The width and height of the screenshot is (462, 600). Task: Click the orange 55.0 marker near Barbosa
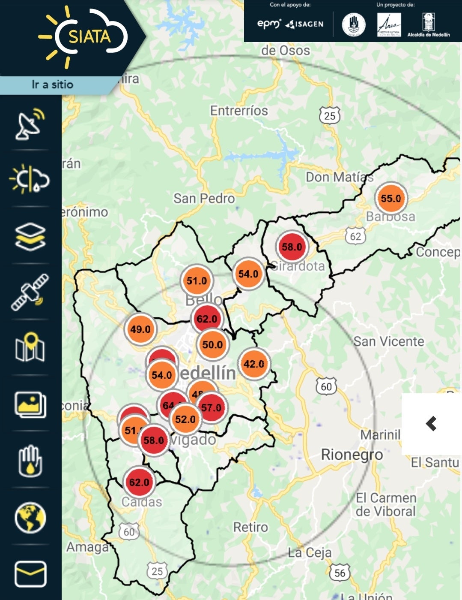[390, 198]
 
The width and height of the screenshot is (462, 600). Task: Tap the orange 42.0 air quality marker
[254, 364]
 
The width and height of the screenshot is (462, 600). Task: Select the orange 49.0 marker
[140, 329]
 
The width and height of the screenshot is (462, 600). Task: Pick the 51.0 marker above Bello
[197, 281]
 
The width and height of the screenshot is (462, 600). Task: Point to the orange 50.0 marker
[212, 344]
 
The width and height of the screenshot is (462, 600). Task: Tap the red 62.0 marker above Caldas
[139, 482]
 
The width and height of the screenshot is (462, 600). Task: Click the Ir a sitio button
[52, 84]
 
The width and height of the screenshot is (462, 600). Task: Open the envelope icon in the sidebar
[30, 574]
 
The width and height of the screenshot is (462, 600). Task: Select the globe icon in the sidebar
[30, 518]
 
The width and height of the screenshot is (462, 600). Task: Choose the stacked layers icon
[30, 236]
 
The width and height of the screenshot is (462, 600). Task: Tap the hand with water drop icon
[30, 461]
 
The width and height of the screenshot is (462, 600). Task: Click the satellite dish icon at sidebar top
[30, 124]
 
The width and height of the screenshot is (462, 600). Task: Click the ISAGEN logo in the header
[304, 24]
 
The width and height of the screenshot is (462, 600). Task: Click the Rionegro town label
[352, 454]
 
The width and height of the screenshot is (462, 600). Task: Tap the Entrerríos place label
[239, 111]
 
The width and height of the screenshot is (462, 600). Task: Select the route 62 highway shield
[355, 236]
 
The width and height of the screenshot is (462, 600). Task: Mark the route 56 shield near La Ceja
[340, 573]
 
